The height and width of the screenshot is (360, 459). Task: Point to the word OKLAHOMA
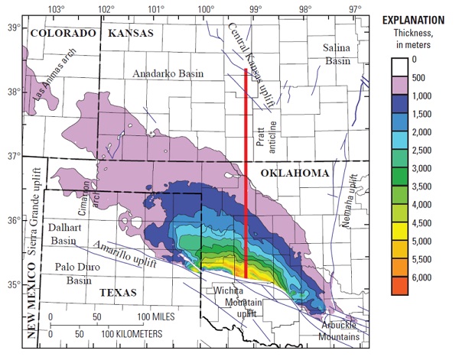(295, 174)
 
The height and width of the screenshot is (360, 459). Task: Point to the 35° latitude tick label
(13, 284)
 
